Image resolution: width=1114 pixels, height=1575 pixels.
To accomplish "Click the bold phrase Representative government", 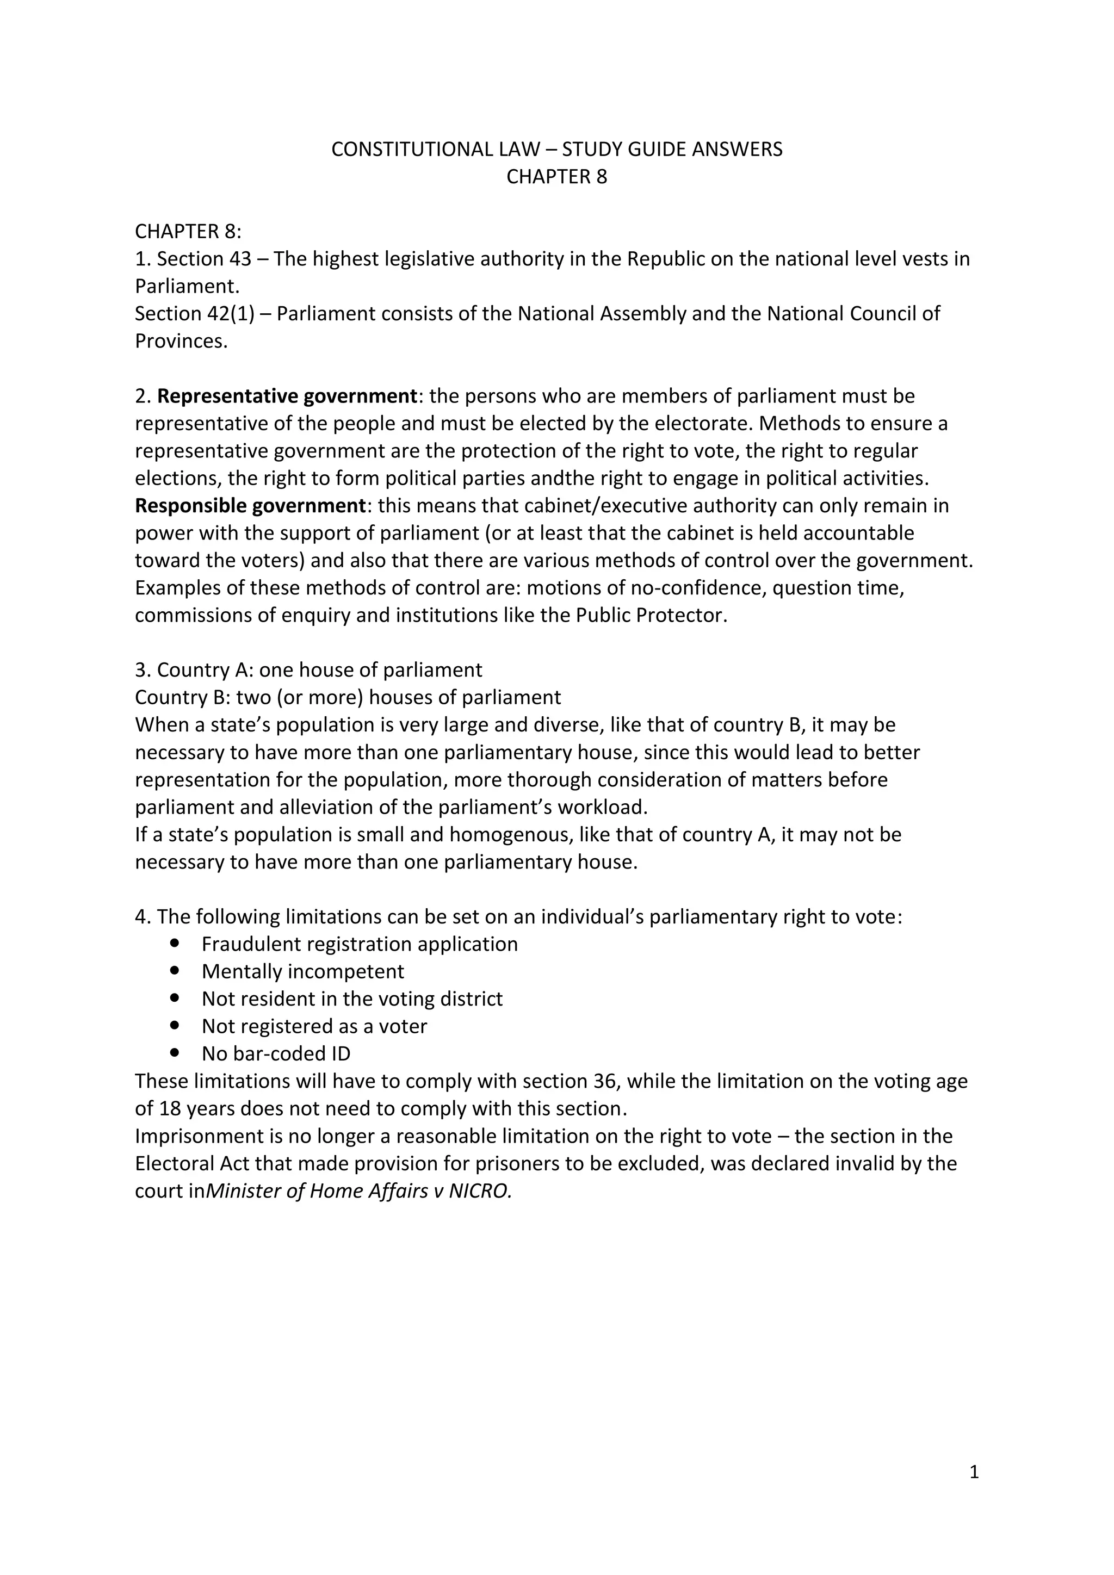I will [287, 396].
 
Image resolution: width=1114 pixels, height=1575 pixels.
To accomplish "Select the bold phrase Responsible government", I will [250, 506].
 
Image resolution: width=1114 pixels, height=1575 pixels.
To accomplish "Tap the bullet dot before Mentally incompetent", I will [177, 971].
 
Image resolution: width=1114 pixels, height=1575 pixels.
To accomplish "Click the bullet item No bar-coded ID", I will [276, 1053].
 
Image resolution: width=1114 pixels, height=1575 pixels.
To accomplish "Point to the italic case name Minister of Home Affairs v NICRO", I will [359, 1190].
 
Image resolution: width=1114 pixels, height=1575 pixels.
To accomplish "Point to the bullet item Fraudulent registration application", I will [360, 944].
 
